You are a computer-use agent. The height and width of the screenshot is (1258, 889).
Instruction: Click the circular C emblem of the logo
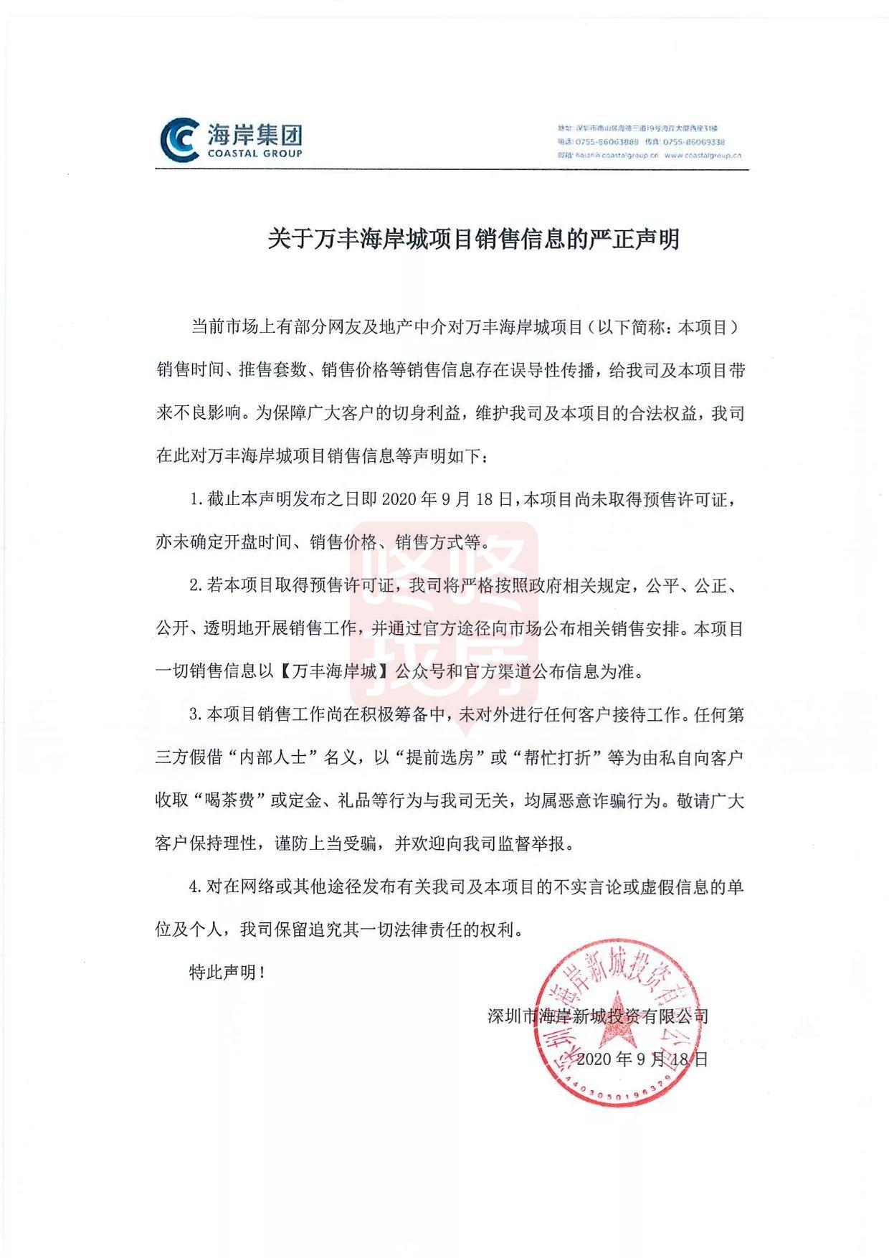(x=180, y=139)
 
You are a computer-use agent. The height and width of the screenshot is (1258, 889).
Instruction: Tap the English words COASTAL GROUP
(x=255, y=153)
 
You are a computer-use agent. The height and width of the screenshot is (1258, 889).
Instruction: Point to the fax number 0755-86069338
(x=694, y=142)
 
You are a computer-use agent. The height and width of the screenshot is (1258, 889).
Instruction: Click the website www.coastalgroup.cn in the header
(x=703, y=155)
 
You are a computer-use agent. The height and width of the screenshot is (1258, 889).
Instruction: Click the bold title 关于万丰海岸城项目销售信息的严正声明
(x=473, y=239)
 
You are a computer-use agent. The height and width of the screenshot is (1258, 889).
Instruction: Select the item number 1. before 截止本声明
(x=196, y=500)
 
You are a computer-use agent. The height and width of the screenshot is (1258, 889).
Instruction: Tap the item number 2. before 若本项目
(x=196, y=586)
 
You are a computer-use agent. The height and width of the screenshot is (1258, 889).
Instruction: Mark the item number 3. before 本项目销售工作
(x=196, y=715)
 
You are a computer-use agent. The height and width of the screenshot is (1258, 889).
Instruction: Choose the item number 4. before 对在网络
(x=196, y=887)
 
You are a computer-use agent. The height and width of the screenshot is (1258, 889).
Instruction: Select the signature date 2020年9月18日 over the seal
(x=642, y=1059)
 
